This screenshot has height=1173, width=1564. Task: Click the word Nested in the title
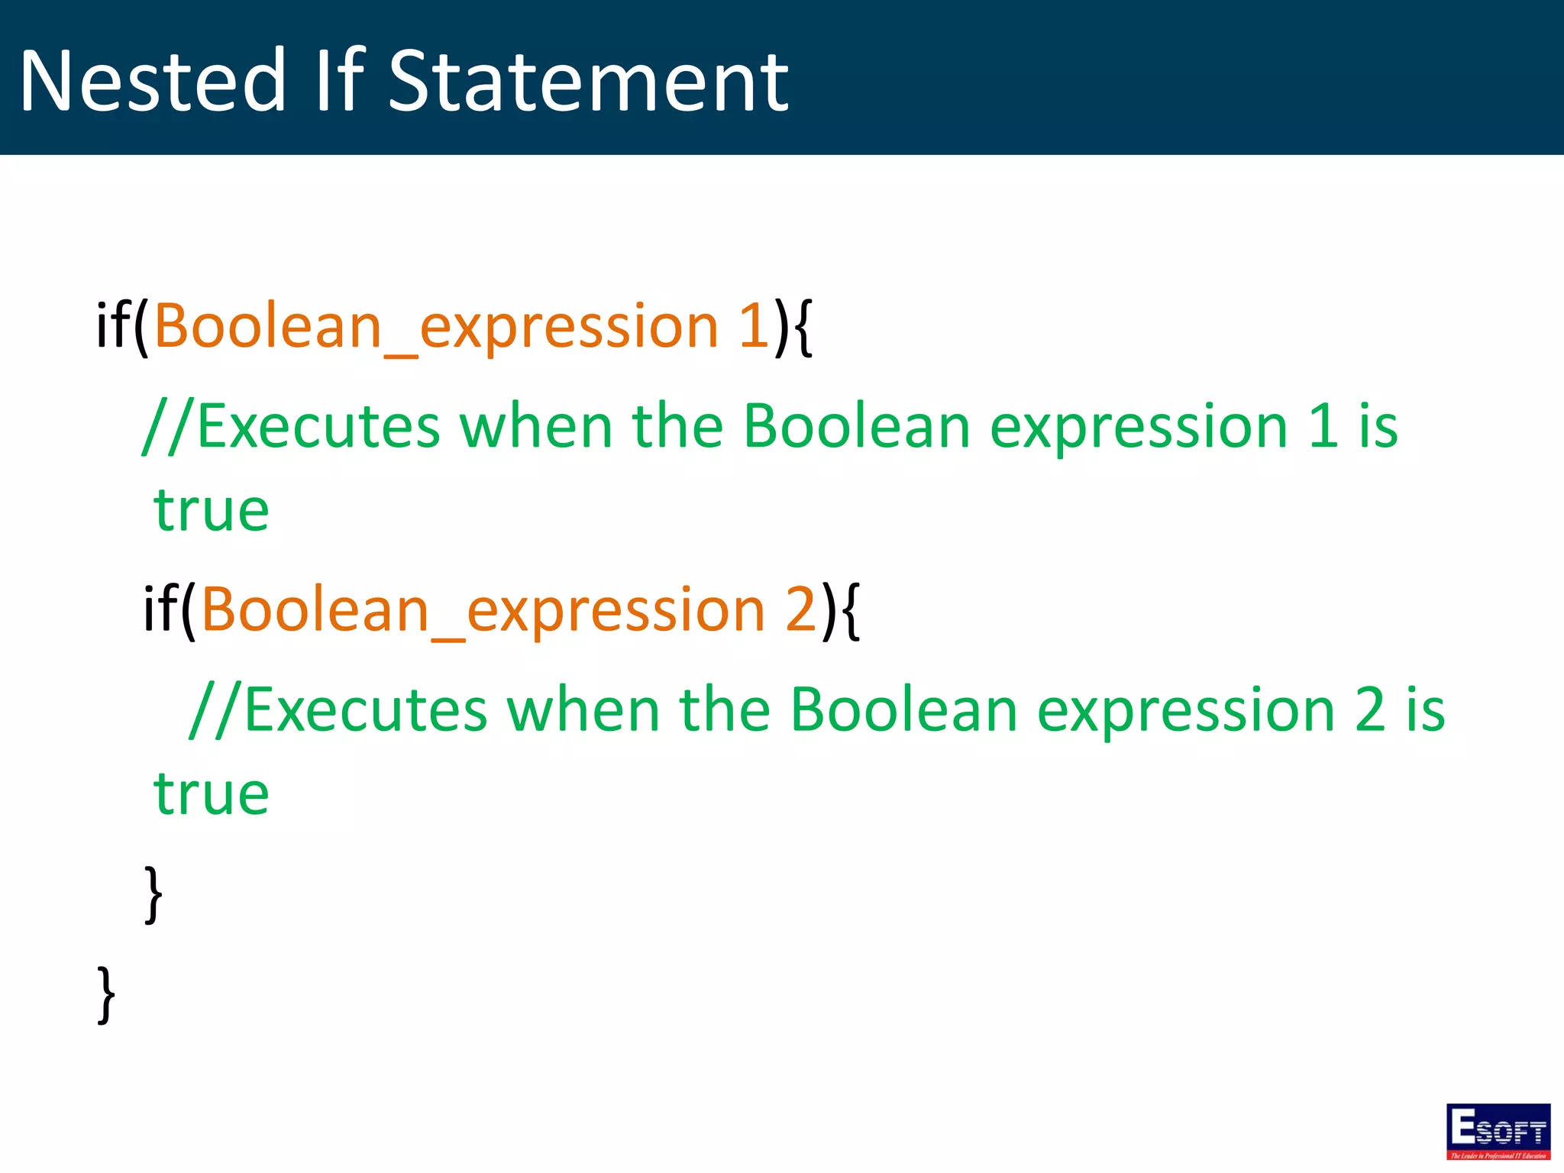pos(153,81)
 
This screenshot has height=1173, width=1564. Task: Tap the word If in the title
pos(340,79)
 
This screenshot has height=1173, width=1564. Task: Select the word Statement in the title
pos(588,81)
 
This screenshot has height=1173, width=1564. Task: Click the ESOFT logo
pos(1498,1131)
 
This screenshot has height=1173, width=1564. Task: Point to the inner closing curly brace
pos(153,893)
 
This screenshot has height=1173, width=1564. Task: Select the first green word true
pos(212,510)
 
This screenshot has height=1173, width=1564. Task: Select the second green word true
pos(212,793)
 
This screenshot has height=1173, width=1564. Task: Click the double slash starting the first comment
pos(169,426)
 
